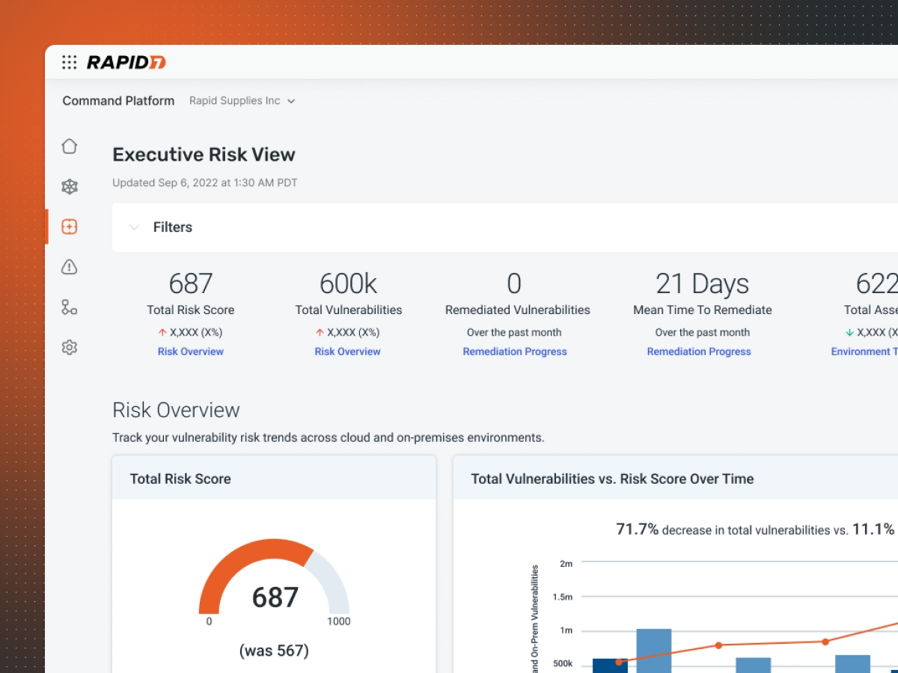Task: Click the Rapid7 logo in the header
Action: pos(126,63)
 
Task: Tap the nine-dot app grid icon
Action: pos(70,63)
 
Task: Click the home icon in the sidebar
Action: pos(70,147)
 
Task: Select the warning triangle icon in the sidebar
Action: pos(70,267)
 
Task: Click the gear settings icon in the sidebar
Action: pos(70,347)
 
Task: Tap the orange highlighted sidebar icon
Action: pos(70,227)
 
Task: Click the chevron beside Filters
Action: pos(135,227)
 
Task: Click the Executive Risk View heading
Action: pos(204,155)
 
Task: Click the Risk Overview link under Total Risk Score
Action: pos(191,351)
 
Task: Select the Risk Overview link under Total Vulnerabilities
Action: pos(348,351)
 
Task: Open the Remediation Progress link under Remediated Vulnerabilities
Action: pos(515,351)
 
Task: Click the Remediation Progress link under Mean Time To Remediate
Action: pos(699,351)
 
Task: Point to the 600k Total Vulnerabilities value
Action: pos(348,284)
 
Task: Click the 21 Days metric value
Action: pos(702,284)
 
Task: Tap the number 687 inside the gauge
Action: pos(275,597)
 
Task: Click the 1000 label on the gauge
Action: pos(338,621)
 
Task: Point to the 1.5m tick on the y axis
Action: pos(563,597)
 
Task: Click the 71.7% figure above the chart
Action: pos(637,529)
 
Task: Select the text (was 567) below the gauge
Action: pos(274,651)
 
